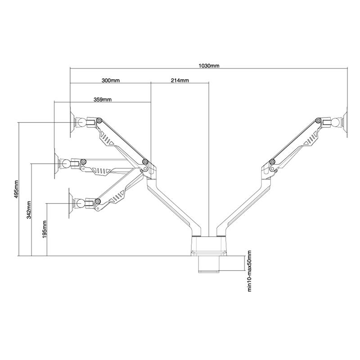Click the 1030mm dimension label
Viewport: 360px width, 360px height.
[x=209, y=65]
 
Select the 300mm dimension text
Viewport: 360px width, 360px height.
[x=110, y=81]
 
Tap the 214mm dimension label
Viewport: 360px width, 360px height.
[x=180, y=81]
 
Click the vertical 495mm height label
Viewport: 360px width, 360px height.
[x=16, y=189]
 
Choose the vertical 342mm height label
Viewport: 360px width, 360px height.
[x=29, y=208]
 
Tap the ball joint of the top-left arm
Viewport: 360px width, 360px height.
[x=81, y=122]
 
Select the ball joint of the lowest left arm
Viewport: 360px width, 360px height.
[x=81, y=203]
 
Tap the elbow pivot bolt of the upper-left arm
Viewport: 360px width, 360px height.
[x=144, y=162]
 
